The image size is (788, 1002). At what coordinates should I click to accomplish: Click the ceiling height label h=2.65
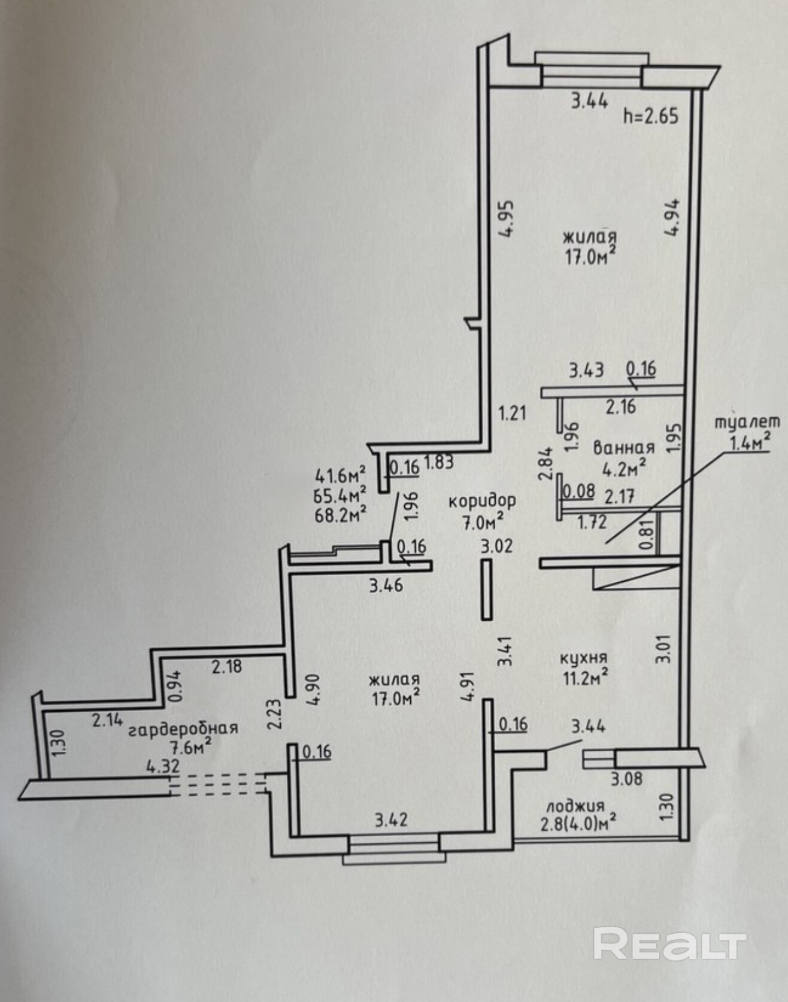coord(651,115)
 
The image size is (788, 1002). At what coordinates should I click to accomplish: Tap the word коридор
coord(482,500)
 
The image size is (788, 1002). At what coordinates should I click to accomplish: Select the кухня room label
coord(583,658)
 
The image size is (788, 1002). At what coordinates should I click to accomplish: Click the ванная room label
coord(623,448)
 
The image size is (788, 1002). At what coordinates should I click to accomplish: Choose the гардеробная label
coord(183,728)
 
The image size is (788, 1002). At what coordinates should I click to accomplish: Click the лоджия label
coord(572,806)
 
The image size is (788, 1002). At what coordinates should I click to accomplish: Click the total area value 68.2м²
coord(340,514)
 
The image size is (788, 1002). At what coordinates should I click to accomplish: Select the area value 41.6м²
coord(340,476)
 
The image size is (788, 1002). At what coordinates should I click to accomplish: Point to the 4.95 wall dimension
coord(507,218)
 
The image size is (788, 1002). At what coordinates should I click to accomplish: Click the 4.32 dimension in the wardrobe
coord(163,766)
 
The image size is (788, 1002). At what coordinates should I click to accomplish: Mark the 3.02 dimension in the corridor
coord(497,545)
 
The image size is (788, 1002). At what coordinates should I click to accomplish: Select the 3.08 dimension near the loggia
coord(626,779)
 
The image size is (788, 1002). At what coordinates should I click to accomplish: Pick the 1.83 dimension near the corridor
coord(439,461)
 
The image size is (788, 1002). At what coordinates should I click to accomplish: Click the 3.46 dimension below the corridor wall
coord(386,585)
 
